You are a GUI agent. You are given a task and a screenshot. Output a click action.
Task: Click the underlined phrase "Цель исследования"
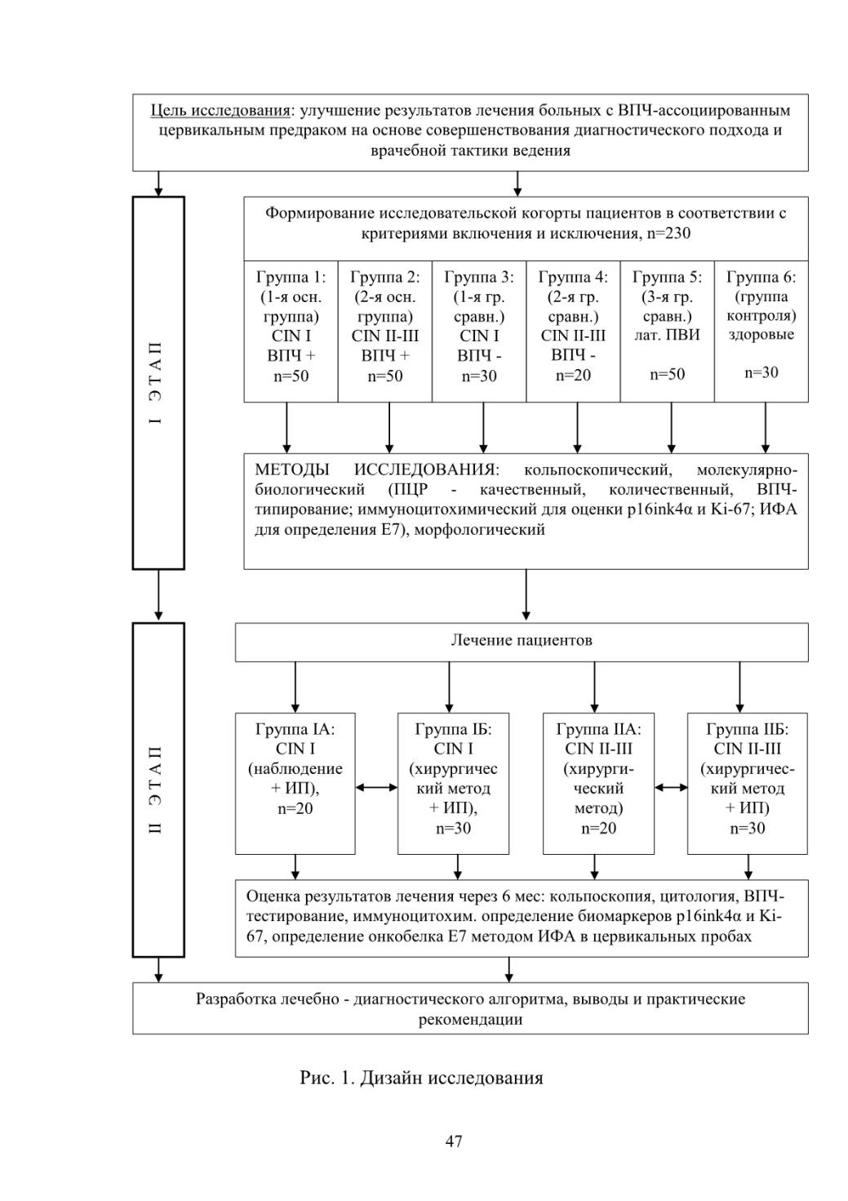tap(220, 111)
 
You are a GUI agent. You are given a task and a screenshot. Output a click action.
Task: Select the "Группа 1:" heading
tap(291, 278)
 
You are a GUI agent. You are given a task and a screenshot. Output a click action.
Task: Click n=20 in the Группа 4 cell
tap(573, 376)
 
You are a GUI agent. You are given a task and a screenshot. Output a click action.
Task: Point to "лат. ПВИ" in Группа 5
tap(668, 335)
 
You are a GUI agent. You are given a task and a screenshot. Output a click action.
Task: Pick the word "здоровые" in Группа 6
tap(761, 335)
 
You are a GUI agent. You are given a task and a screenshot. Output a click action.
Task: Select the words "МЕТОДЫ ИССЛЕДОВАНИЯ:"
tap(377, 469)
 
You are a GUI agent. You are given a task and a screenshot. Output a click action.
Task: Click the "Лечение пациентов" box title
tap(522, 640)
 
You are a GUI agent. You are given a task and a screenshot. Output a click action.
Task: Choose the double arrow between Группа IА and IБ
tap(376, 787)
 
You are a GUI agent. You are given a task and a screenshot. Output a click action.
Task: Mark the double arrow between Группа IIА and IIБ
tap(671, 787)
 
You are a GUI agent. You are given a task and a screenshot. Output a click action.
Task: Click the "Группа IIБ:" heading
tap(748, 729)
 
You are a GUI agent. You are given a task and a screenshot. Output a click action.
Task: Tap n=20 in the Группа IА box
tap(295, 808)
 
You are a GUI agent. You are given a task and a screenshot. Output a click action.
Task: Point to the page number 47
tap(454, 1141)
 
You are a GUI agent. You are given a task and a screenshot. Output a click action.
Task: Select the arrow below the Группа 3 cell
tap(483, 427)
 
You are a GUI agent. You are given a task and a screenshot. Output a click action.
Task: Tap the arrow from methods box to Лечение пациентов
tap(526, 594)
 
